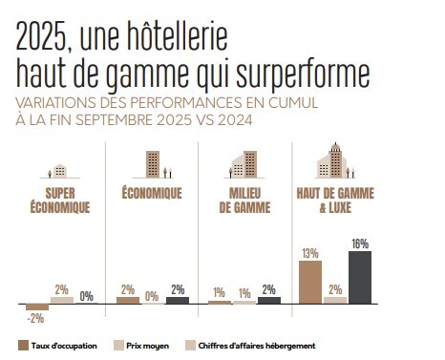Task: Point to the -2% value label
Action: click(x=35, y=318)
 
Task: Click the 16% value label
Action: click(x=359, y=244)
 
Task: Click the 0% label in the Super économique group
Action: click(x=86, y=296)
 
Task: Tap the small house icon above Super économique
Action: click(x=59, y=171)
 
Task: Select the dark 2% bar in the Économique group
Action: click(x=178, y=300)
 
